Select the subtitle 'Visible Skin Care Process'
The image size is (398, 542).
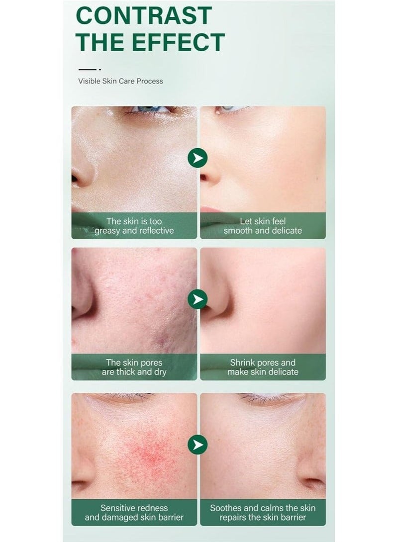click(120, 81)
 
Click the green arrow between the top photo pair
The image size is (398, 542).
click(198, 158)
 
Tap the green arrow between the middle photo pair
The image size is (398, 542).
click(198, 299)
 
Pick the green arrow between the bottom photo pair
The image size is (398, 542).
click(198, 445)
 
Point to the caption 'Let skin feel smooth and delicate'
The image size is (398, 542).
click(263, 226)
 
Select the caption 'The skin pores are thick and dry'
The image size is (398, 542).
click(134, 367)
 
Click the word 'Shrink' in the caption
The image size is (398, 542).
click(243, 362)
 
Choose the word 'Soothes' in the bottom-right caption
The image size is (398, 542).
click(229, 508)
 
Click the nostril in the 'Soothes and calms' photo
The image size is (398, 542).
click(312, 481)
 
